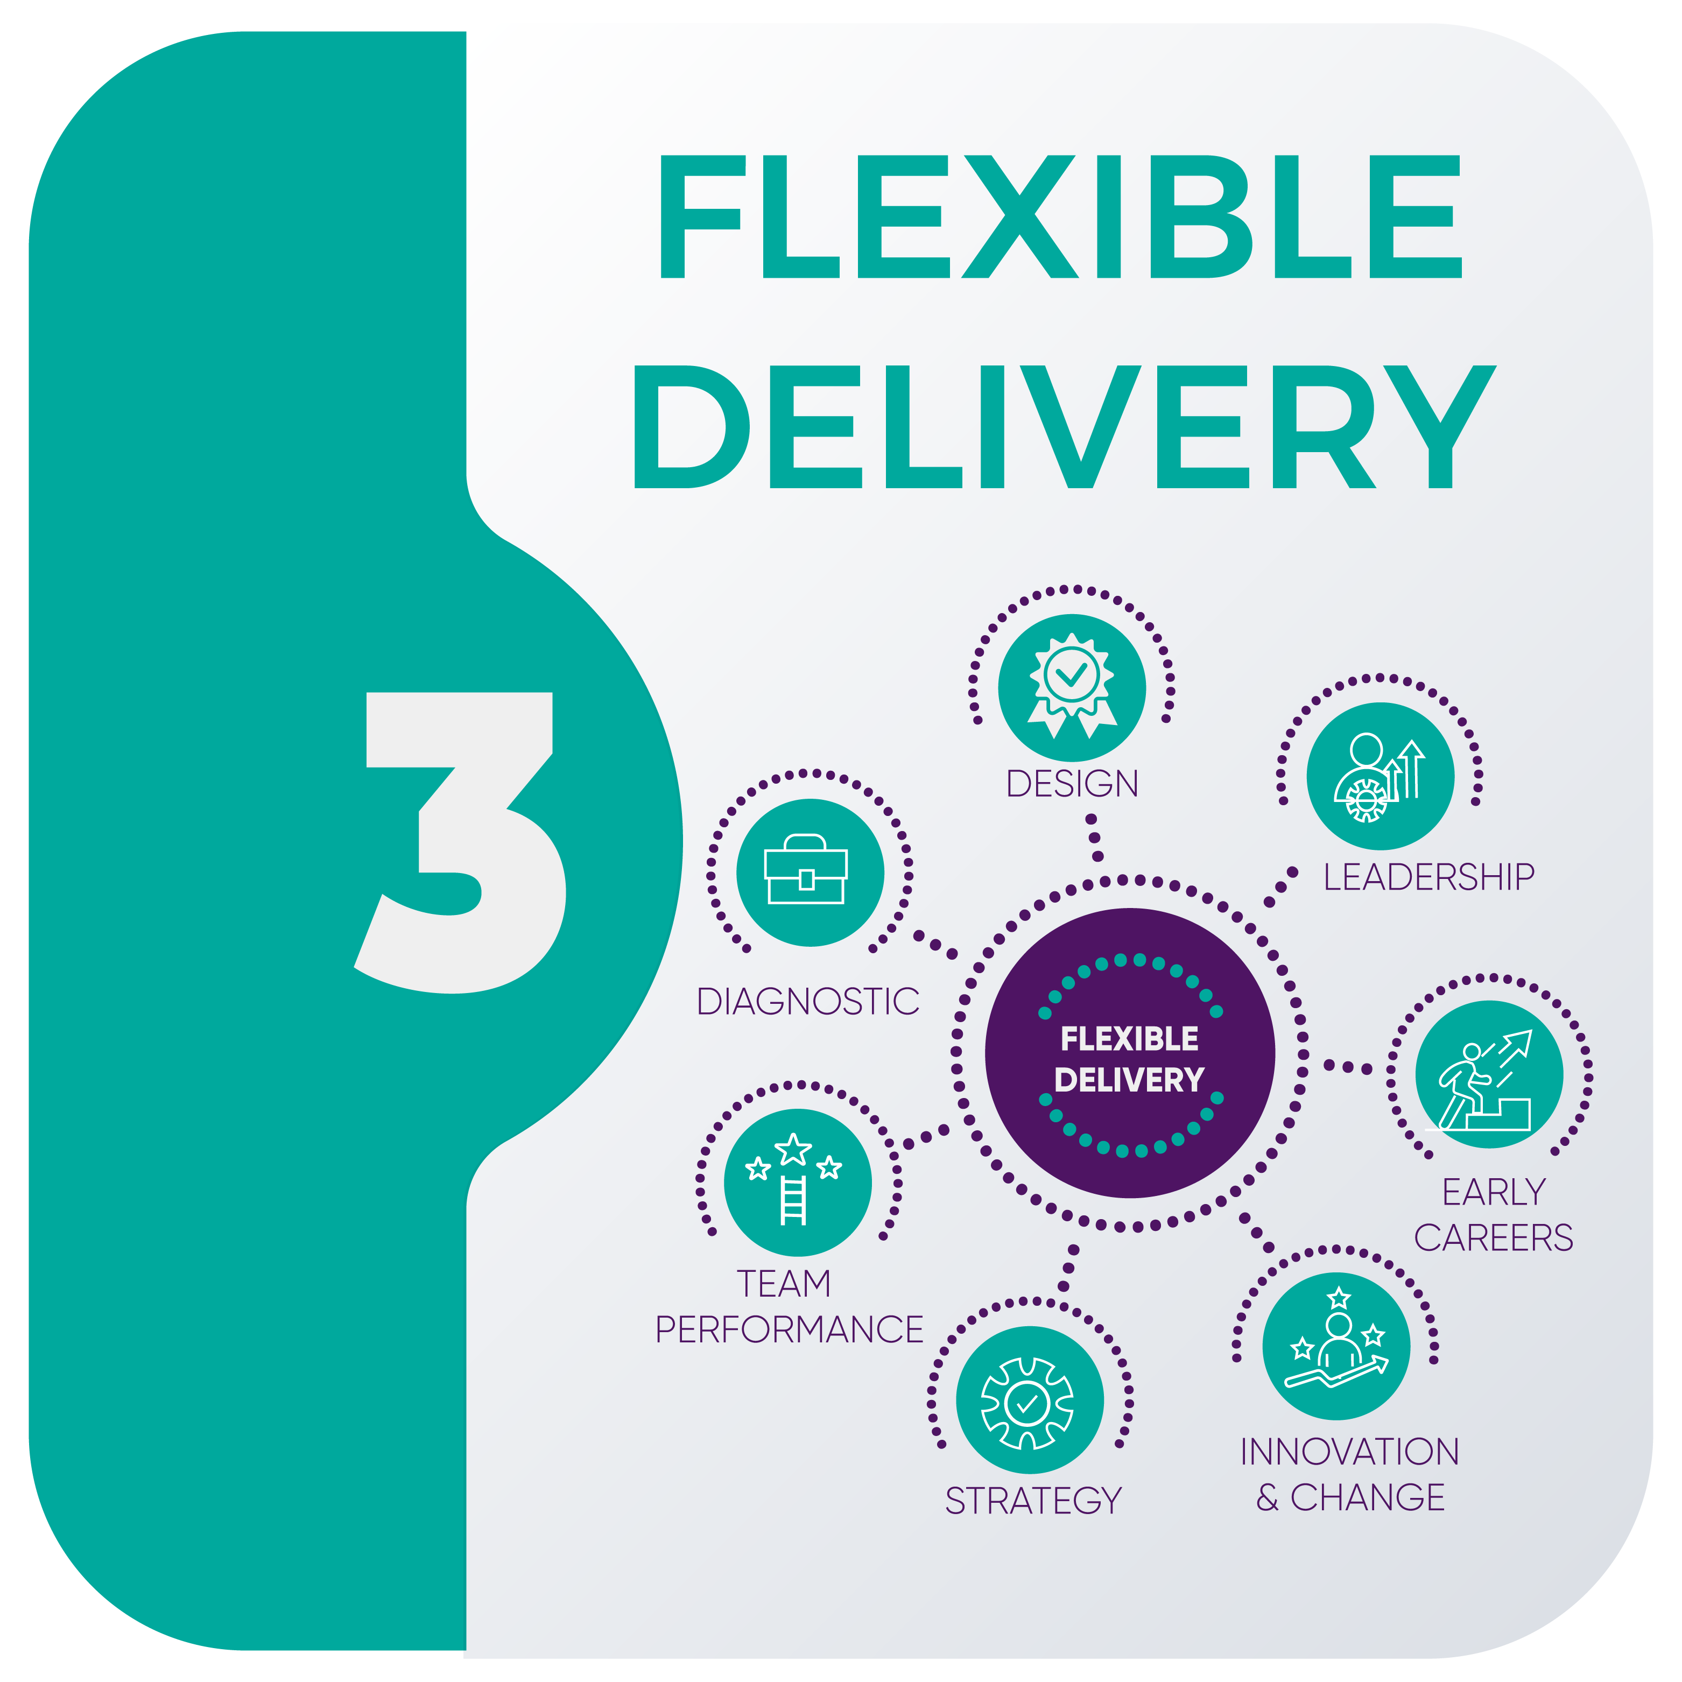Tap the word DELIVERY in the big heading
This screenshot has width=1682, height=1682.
point(1062,427)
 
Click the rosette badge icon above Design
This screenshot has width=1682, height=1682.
point(1072,687)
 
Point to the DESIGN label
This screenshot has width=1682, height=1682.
point(1072,784)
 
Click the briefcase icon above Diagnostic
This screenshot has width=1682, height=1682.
point(810,872)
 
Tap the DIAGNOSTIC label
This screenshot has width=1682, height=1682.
point(808,1002)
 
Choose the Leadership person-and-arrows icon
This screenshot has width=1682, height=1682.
point(1380,777)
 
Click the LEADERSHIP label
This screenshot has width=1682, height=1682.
point(1428,877)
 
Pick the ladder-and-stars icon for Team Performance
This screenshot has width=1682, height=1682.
point(798,1183)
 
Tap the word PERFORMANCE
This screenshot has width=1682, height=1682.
point(789,1329)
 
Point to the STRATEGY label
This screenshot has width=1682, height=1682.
point(1033,1501)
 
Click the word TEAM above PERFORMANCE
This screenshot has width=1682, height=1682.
point(784,1284)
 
